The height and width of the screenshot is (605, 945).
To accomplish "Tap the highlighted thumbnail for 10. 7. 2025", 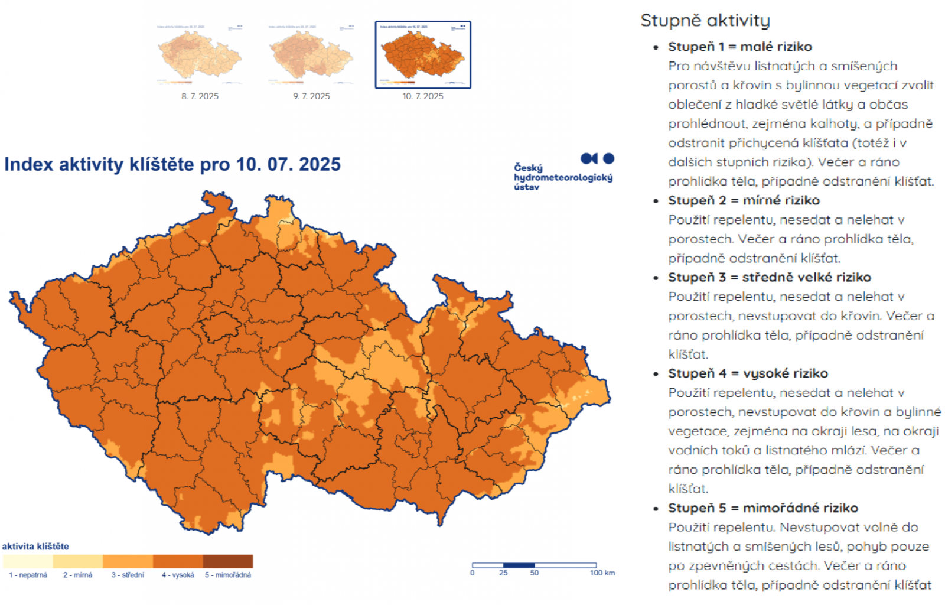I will tap(423, 55).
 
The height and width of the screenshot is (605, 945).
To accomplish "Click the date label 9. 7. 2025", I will tap(311, 96).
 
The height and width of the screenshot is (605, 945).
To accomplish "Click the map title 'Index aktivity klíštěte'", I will tap(172, 164).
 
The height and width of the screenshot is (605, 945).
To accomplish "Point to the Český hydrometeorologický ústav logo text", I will tap(562, 177).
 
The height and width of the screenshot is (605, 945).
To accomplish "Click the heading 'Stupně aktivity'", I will tap(705, 21).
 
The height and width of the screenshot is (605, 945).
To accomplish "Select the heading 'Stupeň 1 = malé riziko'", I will tap(739, 47).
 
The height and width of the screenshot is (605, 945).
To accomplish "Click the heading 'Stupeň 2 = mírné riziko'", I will tap(744, 200).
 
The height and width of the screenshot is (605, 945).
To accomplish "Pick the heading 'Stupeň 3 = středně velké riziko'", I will tap(769, 277).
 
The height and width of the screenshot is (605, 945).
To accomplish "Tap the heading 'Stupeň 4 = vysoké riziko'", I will tap(748, 373).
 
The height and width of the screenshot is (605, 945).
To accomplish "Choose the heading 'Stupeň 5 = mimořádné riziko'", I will tap(762, 508).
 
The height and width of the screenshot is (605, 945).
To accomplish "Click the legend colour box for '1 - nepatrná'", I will tap(27, 561).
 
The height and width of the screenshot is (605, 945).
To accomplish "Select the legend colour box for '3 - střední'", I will tap(128, 561).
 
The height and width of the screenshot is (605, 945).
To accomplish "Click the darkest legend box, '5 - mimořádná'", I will tap(228, 561).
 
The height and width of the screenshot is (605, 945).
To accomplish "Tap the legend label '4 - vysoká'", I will tap(178, 575).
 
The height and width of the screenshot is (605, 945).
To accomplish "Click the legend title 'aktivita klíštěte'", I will tap(35, 546).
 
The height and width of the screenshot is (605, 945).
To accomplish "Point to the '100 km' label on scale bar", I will tap(602, 573).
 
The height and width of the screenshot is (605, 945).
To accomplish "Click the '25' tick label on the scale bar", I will tap(503, 573).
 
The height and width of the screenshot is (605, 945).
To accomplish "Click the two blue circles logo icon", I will tap(597, 158).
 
